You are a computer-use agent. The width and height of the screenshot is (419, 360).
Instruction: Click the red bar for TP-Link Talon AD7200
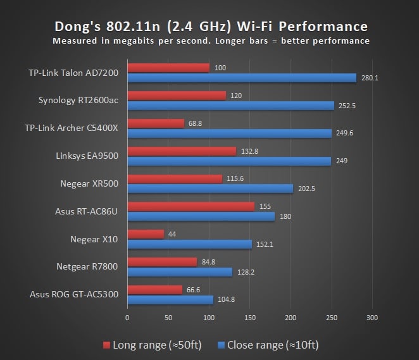click(168, 68)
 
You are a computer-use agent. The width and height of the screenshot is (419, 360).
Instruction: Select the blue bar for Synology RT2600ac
click(230, 106)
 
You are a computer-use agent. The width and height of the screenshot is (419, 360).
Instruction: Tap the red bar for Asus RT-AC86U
click(191, 206)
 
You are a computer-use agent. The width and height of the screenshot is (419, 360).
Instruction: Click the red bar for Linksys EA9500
click(182, 151)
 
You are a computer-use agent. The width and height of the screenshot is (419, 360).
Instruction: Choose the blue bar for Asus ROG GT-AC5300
click(170, 300)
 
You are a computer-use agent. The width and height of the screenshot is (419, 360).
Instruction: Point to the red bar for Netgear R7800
click(162, 262)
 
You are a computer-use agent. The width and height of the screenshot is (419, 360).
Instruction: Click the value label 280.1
click(370, 78)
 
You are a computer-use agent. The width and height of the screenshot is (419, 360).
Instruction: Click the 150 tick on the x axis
click(250, 317)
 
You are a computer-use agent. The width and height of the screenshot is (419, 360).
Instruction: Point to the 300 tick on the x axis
click(372, 317)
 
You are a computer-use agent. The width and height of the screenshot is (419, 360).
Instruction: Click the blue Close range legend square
click(221, 345)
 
